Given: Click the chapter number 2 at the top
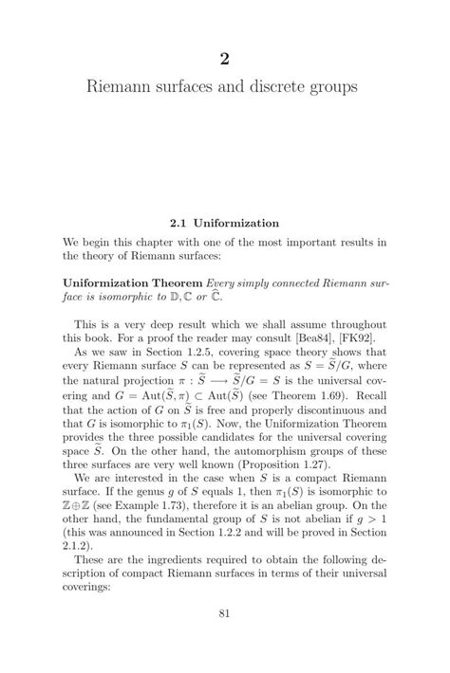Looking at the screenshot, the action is point(225,59).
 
